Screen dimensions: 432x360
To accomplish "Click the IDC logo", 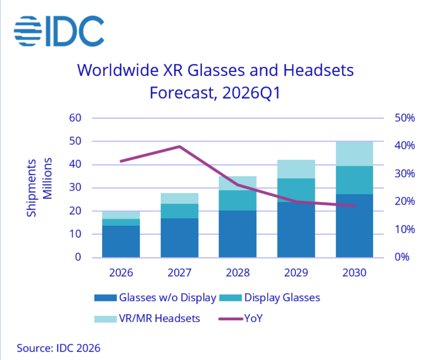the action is pyautogui.click(x=59, y=31).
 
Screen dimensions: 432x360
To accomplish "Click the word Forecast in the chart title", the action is pyautogui.click(x=182, y=93).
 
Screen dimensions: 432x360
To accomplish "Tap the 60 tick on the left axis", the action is pyautogui.click(x=75, y=118).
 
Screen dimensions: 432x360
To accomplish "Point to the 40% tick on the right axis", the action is pyautogui.click(x=405, y=146).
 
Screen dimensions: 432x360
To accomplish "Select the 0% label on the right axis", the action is pyautogui.click(x=402, y=257).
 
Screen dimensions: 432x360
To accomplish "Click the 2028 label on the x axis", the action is pyautogui.click(x=237, y=273).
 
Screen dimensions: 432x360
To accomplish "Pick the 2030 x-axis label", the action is pyautogui.click(x=355, y=273).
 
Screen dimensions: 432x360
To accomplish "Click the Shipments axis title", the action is pyautogui.click(x=31, y=188).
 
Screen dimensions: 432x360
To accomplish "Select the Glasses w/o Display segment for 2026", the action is pyautogui.click(x=121, y=242).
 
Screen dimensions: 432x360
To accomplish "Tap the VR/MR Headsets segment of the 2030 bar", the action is pyautogui.click(x=355, y=154).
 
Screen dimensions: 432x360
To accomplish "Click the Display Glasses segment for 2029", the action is pyautogui.click(x=296, y=190).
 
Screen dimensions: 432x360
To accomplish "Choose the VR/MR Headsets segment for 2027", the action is pyautogui.click(x=179, y=198).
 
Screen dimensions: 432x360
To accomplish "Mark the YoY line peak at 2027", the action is pyautogui.click(x=179, y=146).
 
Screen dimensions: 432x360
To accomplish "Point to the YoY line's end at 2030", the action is pyautogui.click(x=355, y=205).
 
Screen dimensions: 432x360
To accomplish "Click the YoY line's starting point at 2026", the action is pyautogui.click(x=121, y=161).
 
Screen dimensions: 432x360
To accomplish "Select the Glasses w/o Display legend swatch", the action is pyautogui.click(x=105, y=298).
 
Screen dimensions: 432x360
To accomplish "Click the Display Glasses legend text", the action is pyautogui.click(x=282, y=298).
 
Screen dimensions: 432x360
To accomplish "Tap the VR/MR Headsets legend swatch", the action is pyautogui.click(x=105, y=319).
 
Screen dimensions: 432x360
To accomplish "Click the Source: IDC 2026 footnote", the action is pyautogui.click(x=59, y=348).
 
